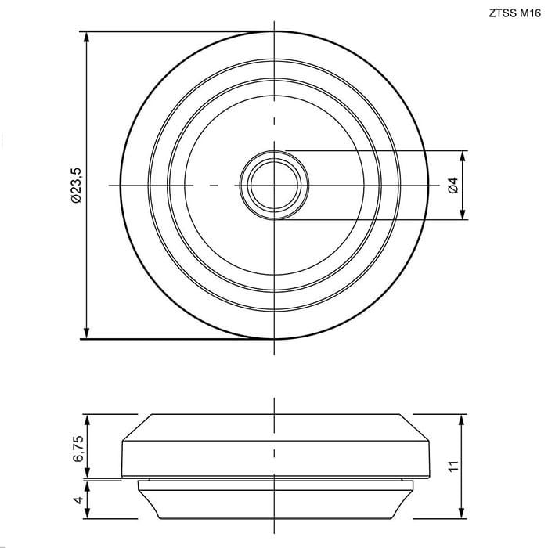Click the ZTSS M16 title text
(515, 13)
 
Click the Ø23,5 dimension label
(76, 186)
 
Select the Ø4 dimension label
(453, 186)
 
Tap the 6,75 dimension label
(78, 449)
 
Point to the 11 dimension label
(453, 467)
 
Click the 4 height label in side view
(78, 499)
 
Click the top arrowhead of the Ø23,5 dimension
(87, 38)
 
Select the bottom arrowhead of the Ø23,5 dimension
(87, 333)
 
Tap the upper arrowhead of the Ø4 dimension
(463, 157)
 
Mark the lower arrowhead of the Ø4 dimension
(463, 214)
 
